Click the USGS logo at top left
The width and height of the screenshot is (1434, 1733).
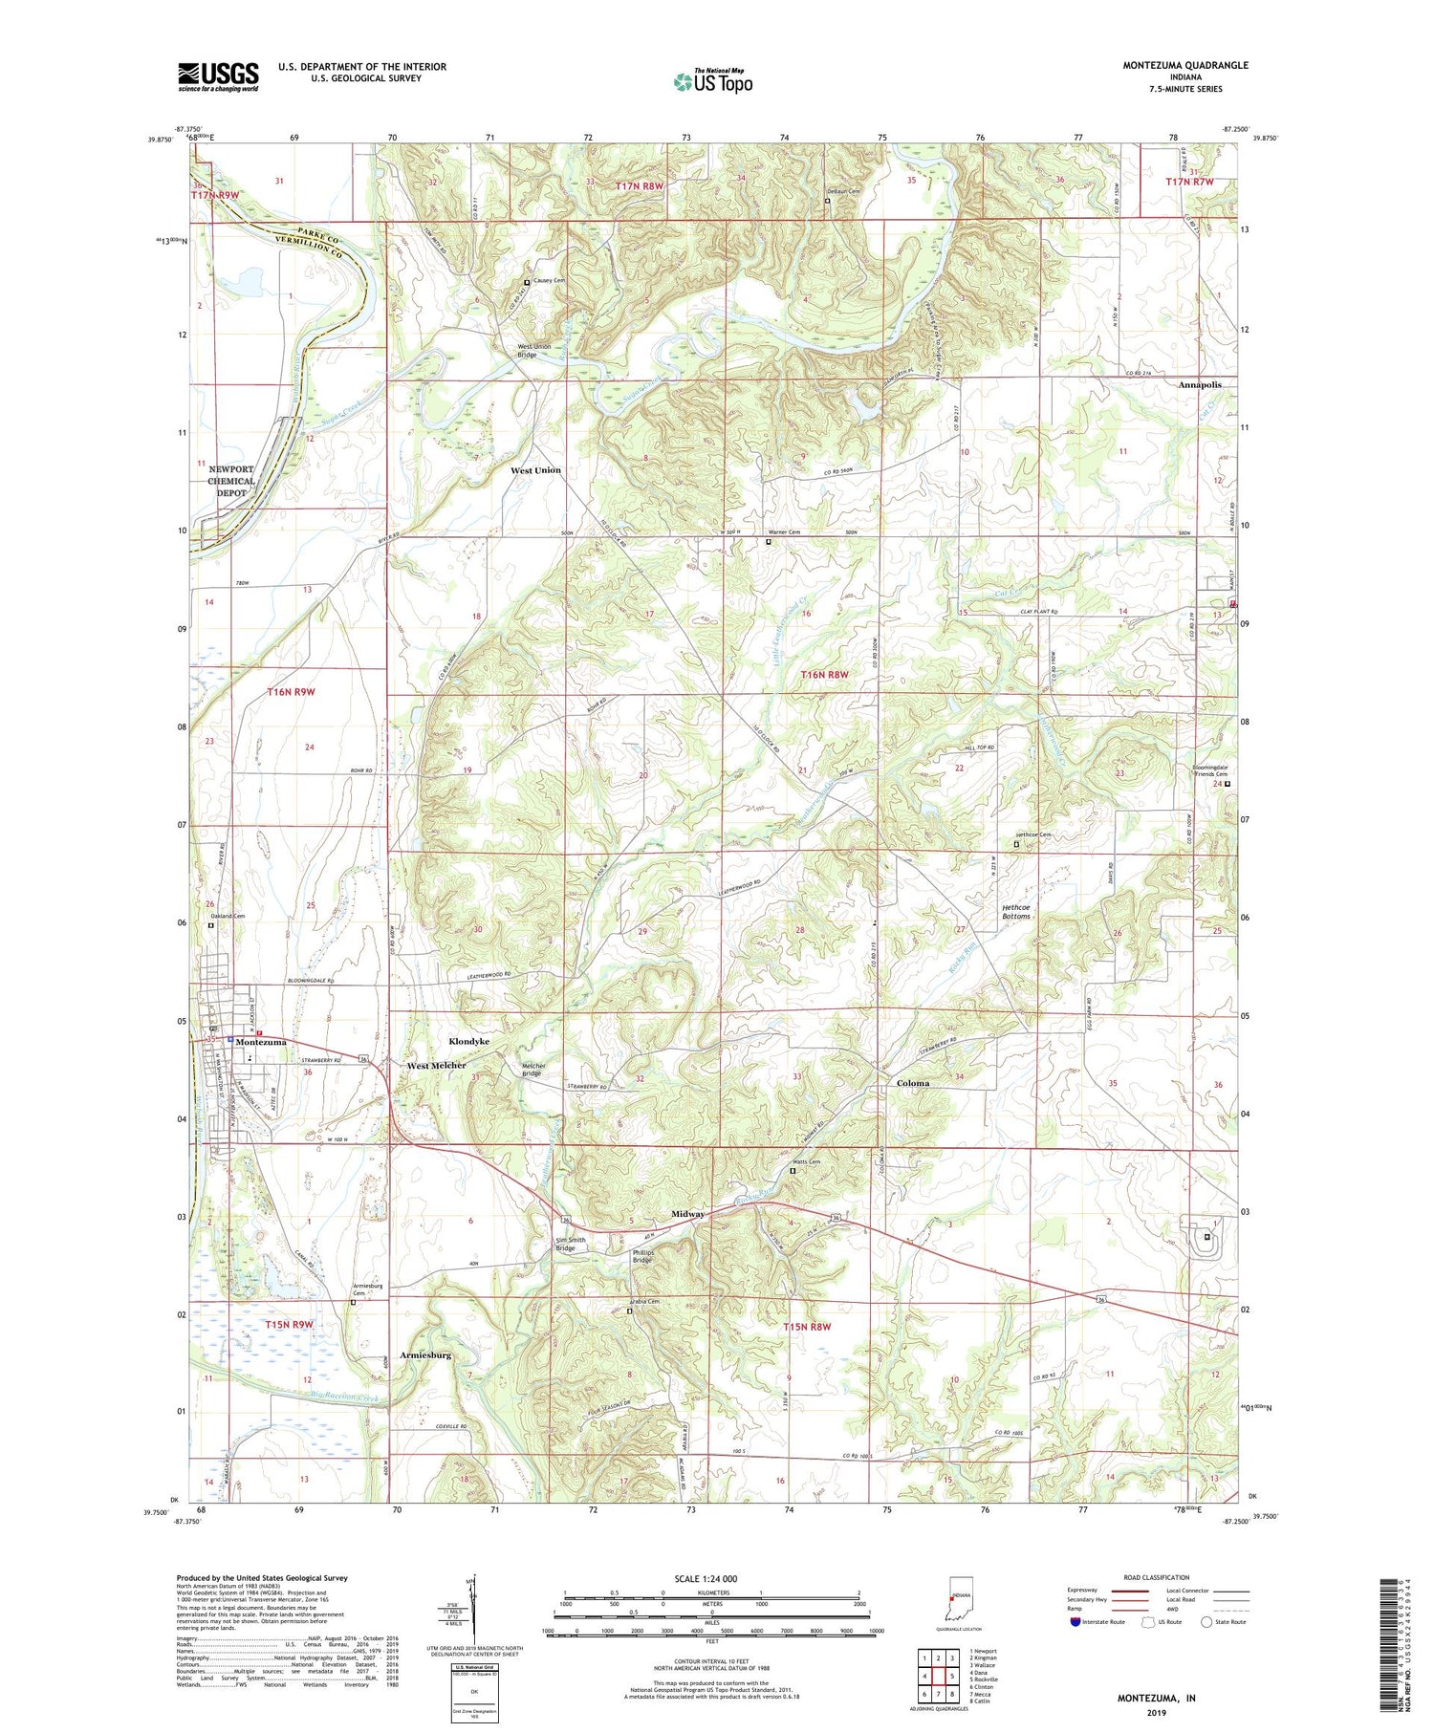click(x=218, y=76)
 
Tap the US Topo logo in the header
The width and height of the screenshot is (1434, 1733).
click(x=712, y=82)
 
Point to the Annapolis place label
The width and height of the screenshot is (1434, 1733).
click(x=1199, y=385)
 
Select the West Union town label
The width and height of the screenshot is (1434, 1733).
click(x=535, y=470)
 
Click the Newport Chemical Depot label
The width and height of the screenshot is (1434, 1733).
click(x=231, y=481)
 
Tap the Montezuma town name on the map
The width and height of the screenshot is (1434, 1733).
click(x=261, y=1042)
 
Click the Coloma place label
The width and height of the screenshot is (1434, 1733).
click(x=912, y=1083)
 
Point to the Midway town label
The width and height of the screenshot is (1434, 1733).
click(x=687, y=1214)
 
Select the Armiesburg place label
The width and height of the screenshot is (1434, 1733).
click(x=426, y=1355)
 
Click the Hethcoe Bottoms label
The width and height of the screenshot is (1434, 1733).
click(x=1015, y=911)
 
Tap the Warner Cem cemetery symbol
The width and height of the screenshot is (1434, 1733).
click(x=769, y=542)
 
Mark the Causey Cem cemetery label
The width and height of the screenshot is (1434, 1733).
click(x=549, y=281)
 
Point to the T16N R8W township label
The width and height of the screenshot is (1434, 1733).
click(x=824, y=675)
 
